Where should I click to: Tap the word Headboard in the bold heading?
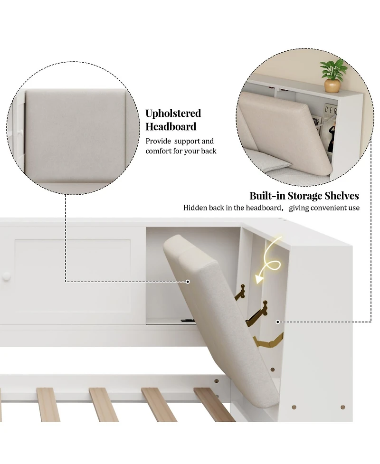click(x=171, y=127)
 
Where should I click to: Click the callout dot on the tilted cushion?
click(x=188, y=282)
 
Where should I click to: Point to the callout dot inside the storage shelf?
click(x=278, y=322)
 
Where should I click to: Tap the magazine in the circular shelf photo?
click(x=321, y=126)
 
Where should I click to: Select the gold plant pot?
click(x=332, y=85)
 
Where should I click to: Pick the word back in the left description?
click(x=208, y=151)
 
